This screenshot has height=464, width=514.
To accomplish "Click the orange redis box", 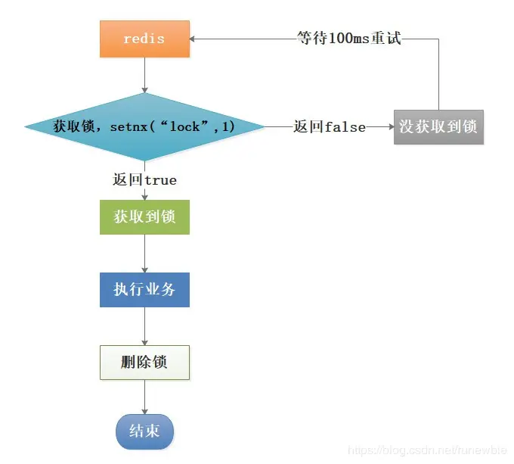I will pyautogui.click(x=144, y=38).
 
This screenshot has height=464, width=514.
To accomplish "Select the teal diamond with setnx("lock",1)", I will pyautogui.click(x=144, y=126).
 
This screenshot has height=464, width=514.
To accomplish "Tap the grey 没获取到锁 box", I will pyautogui.click(x=438, y=126).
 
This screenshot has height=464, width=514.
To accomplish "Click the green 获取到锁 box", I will pyautogui.click(x=144, y=216).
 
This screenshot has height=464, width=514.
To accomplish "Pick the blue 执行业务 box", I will pyautogui.click(x=144, y=289).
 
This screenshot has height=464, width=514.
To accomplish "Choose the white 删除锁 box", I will pyautogui.click(x=144, y=362).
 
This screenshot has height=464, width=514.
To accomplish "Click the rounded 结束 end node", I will pyautogui.click(x=144, y=431).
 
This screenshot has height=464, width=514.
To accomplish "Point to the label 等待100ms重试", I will pyautogui.click(x=348, y=38).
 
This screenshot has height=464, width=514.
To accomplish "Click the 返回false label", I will pyautogui.click(x=330, y=127).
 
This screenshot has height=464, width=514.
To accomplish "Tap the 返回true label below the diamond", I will pyautogui.click(x=144, y=180).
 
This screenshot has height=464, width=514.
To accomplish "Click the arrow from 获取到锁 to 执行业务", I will pyautogui.click(x=144, y=254).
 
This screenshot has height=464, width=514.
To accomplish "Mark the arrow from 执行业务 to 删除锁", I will pyautogui.click(x=144, y=326).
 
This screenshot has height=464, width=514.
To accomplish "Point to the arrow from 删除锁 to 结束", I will pyautogui.click(x=144, y=397).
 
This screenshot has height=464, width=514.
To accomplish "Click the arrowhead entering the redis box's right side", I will pyautogui.click(x=194, y=38).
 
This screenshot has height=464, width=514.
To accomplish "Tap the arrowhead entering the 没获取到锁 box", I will pyautogui.click(x=390, y=127).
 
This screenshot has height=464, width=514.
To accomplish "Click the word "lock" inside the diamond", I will pyautogui.click(x=185, y=126).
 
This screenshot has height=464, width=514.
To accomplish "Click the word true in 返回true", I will pyautogui.click(x=160, y=180).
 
